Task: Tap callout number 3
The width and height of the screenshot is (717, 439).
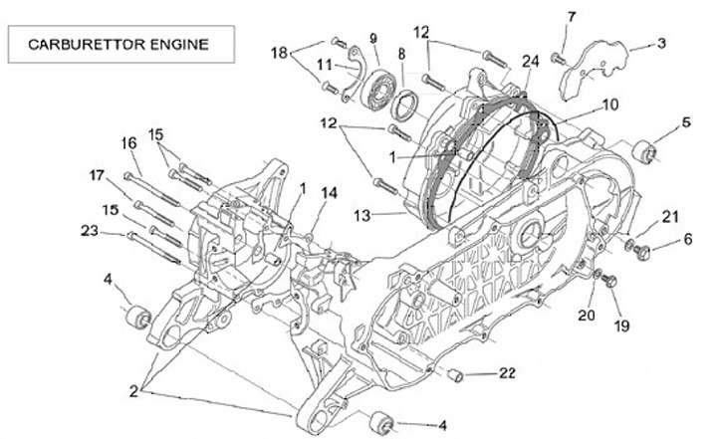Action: point(661,45)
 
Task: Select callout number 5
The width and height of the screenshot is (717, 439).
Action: point(686,122)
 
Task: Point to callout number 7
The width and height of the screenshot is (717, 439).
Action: point(571,17)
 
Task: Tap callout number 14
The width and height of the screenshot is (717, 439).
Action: point(329,192)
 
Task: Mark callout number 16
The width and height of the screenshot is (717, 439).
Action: point(129,143)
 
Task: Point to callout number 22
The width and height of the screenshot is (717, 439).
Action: point(508,374)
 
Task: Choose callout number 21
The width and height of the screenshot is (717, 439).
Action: point(669,216)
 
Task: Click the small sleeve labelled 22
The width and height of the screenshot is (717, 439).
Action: point(457,374)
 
